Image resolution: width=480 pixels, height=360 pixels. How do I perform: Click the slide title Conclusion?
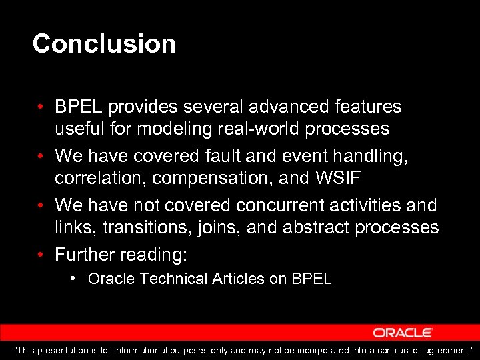pos(104,44)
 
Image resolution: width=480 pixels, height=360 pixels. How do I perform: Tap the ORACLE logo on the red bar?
pos(403,333)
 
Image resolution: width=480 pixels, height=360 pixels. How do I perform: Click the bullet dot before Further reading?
pos(41,255)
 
